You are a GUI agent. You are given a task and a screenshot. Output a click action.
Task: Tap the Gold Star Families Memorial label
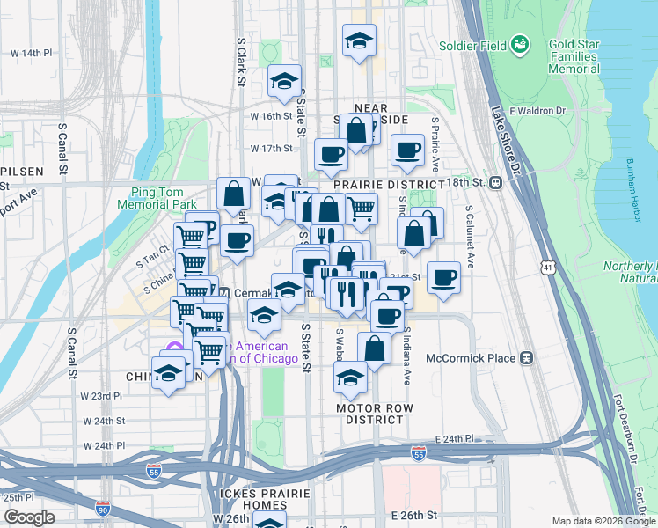pyautogui.click(x=574, y=56)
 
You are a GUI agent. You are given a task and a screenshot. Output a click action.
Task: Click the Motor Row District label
pyautogui.click(x=374, y=414)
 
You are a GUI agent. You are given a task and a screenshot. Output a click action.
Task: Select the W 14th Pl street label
pyautogui.click(x=32, y=53)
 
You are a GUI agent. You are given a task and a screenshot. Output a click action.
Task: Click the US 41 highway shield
pyautogui.click(x=548, y=267)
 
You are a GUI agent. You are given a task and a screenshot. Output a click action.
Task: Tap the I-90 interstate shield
pyautogui.click(x=103, y=508)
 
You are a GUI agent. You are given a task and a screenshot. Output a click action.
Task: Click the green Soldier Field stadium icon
pyautogui.click(x=521, y=42)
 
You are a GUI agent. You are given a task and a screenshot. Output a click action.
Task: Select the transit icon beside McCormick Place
pyautogui.click(x=527, y=358)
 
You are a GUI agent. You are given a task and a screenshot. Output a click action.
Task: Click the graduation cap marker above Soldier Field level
pyautogui.click(x=358, y=42)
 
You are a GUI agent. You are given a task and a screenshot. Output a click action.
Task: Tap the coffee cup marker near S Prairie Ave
pyautogui.click(x=406, y=150)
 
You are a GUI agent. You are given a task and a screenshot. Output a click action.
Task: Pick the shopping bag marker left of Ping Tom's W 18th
pyautogui.click(x=234, y=195)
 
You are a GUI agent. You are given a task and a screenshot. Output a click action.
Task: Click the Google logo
pyautogui.click(x=29, y=517)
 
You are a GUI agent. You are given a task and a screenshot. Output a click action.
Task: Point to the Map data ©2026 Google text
pyautogui.click(x=602, y=521)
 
